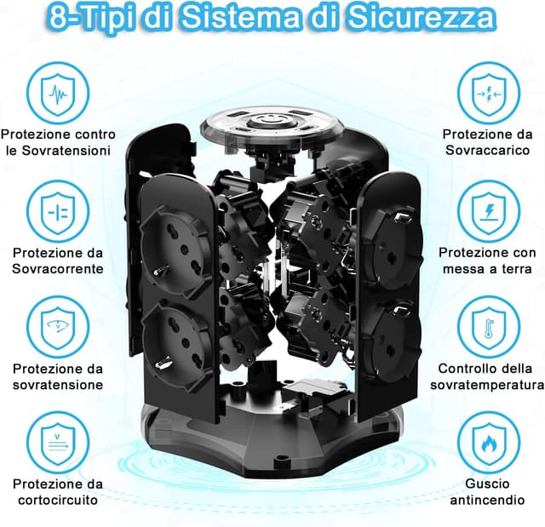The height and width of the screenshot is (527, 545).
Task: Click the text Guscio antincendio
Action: tap(488, 492)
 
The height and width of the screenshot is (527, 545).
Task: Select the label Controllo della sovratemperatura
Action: tap(488, 376)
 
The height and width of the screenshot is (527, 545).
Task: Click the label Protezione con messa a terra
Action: tap(488, 261)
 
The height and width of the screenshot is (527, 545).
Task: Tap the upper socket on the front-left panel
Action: tap(175, 238)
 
